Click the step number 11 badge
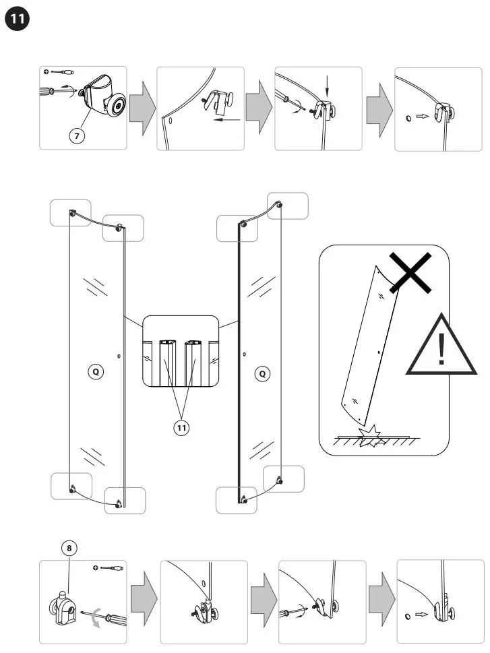(18, 20)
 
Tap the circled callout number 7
(78, 135)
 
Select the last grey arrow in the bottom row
(381, 600)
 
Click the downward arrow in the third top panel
(328, 86)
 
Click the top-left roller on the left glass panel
(72, 213)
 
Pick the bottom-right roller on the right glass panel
(281, 480)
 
